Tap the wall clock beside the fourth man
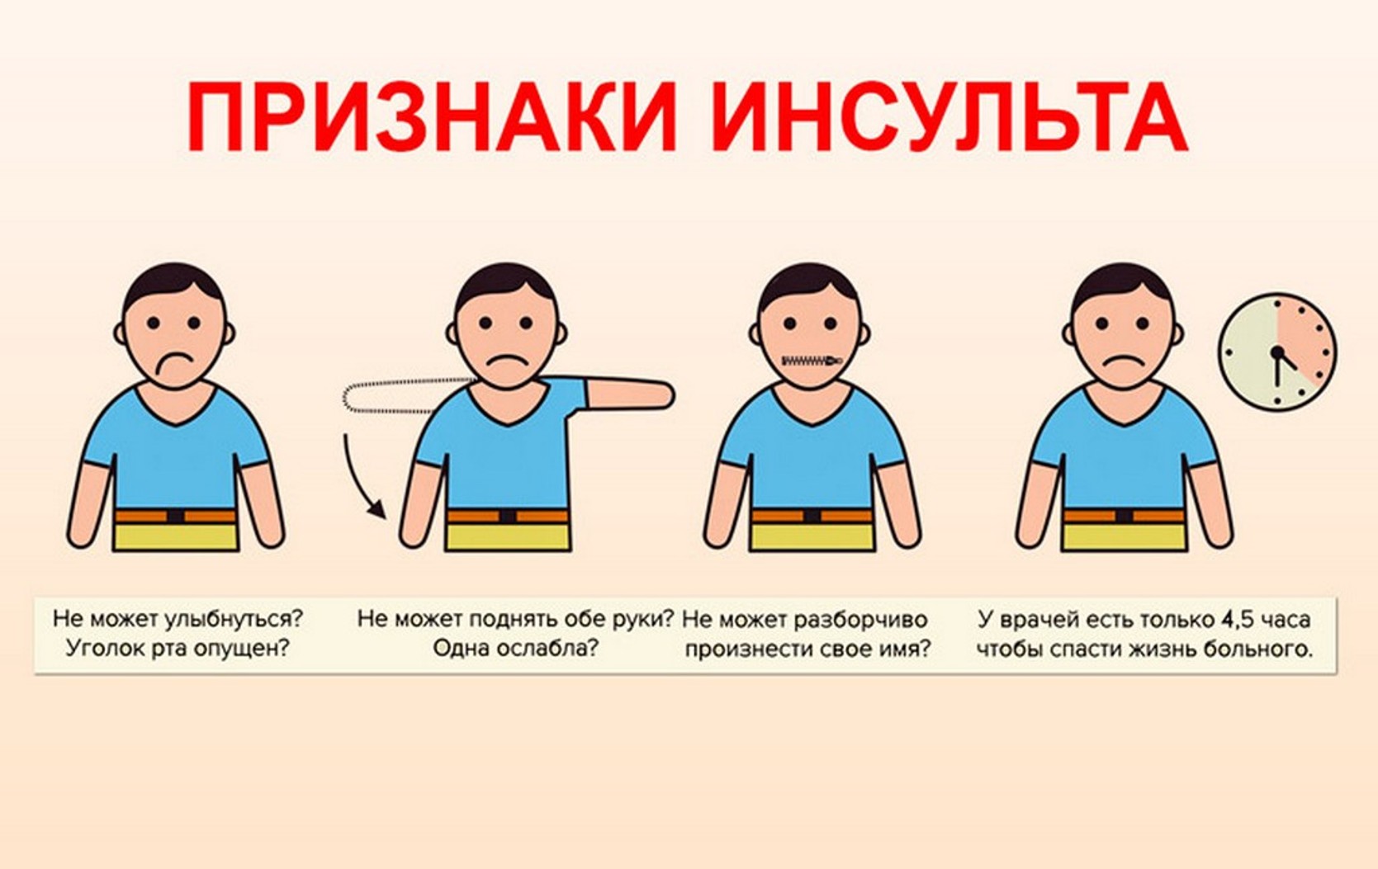pos(1278,352)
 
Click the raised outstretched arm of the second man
pos(627,394)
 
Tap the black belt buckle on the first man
pos(176,516)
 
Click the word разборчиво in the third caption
pos(860,620)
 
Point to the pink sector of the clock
pos(1305,338)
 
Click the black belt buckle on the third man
pos(812,516)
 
